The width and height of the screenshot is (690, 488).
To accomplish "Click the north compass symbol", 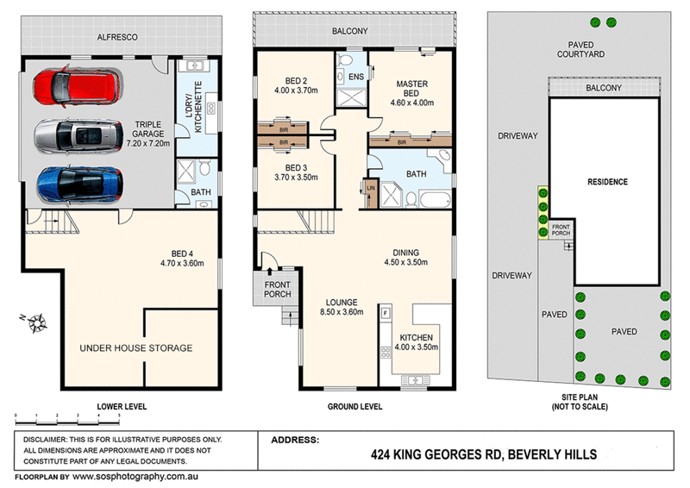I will click(35, 323).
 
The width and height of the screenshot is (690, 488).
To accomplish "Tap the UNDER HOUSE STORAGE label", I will click(135, 348).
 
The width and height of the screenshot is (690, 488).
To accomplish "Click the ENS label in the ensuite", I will click(355, 77).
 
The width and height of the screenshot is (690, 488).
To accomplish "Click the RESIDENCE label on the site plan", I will click(607, 182).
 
